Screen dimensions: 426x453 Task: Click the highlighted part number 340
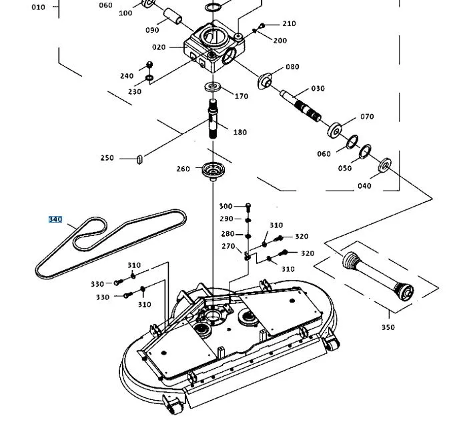[55, 219]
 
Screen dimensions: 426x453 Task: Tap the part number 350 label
[388, 327]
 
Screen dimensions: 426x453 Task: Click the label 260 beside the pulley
[183, 169]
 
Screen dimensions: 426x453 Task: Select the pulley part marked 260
[211, 170]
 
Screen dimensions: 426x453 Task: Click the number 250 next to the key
[107, 158]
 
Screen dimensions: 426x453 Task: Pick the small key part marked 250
[139, 159]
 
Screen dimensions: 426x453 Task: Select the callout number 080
[292, 67]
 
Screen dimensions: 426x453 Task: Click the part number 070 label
[367, 117]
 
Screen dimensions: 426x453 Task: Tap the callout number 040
[364, 185]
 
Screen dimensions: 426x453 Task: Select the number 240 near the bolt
[127, 75]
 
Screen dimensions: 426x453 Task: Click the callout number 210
[289, 24]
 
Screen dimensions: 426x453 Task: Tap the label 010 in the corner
[38, 7]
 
